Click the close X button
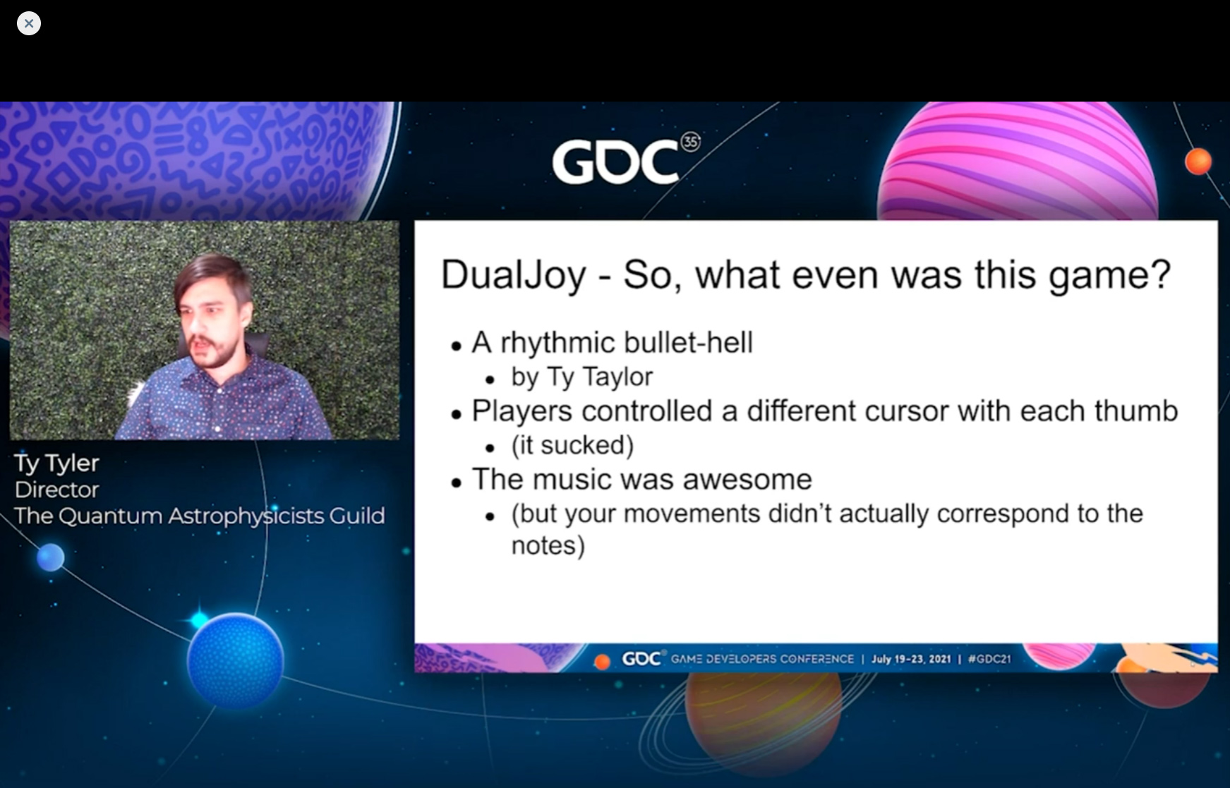(29, 23)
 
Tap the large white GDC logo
(615, 162)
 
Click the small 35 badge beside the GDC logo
(690, 142)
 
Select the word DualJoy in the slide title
(513, 275)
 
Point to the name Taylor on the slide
(617, 377)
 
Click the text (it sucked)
(572, 446)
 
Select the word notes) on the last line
(548, 545)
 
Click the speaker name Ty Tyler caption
(56, 463)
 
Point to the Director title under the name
(56, 490)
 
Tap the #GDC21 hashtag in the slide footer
(989, 659)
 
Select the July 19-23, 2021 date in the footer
(911, 659)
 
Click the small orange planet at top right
(1198, 162)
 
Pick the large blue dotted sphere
(236, 660)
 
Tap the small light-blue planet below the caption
(50, 558)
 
